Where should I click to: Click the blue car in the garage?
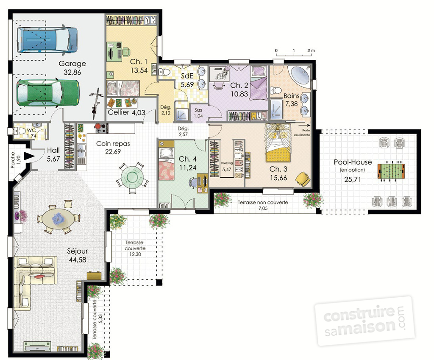click(x=47, y=40)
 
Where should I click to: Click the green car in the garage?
click(x=47, y=92)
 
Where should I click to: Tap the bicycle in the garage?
click(x=97, y=103)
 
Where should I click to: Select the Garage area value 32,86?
click(x=72, y=73)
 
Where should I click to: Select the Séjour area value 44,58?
click(x=78, y=260)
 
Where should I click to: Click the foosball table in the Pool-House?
click(x=391, y=172)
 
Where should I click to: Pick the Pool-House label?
click(x=353, y=162)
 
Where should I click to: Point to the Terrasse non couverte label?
click(x=263, y=203)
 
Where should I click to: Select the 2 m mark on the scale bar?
click(x=311, y=50)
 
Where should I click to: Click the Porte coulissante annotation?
click(x=303, y=132)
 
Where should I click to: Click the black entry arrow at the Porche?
click(x=29, y=156)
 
